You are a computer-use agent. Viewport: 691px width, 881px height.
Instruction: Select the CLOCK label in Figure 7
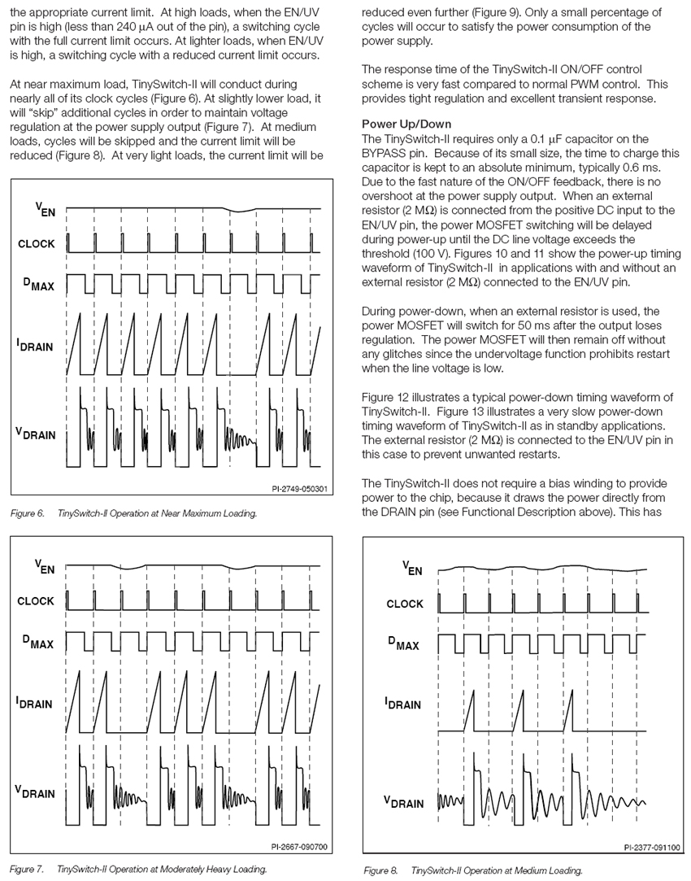tap(36, 601)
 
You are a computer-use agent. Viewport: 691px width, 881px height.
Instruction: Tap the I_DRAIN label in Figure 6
tap(35, 345)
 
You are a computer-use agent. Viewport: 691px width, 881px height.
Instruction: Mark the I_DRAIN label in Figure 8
tap(403, 703)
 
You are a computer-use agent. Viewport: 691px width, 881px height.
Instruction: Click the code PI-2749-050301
tap(300, 490)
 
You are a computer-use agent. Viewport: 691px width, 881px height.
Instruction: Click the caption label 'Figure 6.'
tap(28, 513)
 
